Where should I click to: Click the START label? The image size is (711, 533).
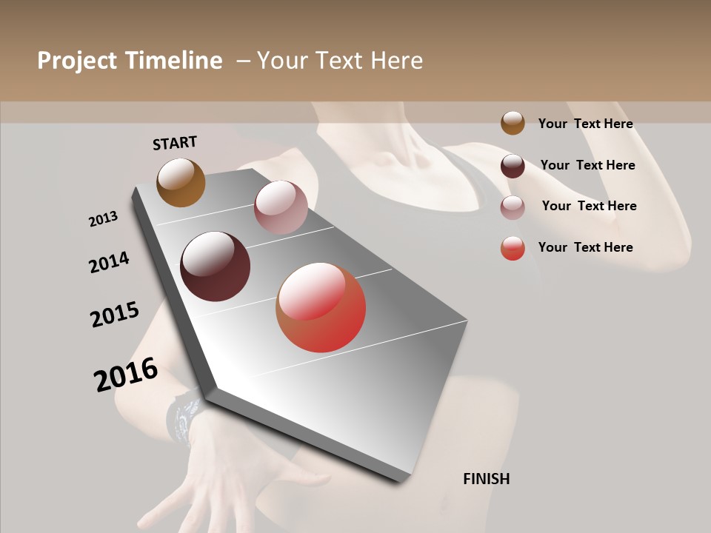[x=175, y=143]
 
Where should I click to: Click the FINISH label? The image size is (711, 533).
[x=486, y=479]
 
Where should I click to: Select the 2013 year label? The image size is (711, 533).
[x=103, y=219]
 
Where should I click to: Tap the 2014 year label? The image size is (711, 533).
[x=109, y=262]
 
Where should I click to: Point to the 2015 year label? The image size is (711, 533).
[x=115, y=315]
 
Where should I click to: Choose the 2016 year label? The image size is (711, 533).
[x=126, y=374]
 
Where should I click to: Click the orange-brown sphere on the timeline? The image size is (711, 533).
[x=181, y=182]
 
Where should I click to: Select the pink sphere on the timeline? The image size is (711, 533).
[x=281, y=207]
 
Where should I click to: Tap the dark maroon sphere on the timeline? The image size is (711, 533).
[x=215, y=266]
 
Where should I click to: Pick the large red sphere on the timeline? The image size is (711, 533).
[x=321, y=307]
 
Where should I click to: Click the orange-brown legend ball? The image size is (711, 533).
[x=513, y=123]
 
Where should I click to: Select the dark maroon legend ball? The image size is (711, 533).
[x=513, y=166]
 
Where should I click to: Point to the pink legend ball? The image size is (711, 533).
[x=513, y=207]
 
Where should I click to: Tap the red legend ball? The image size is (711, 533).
[x=513, y=248]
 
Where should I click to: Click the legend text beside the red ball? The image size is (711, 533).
[x=585, y=247]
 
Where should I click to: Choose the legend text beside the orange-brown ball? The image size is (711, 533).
[x=585, y=124]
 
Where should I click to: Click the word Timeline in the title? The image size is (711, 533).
[x=173, y=61]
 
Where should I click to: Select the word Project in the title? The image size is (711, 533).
[x=77, y=61]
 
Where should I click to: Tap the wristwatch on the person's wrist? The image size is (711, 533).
[x=184, y=419]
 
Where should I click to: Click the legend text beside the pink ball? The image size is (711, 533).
[x=589, y=206]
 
